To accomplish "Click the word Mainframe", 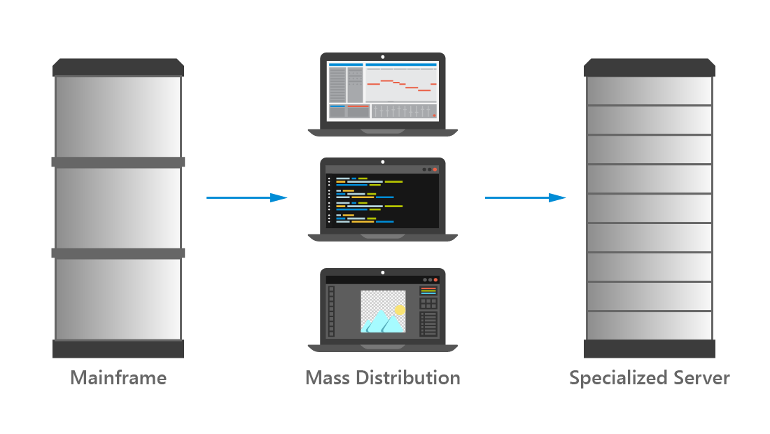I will tap(118, 379).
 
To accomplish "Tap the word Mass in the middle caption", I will tap(328, 379).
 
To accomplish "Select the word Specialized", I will tap(618, 379).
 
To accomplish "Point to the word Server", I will tap(701, 379).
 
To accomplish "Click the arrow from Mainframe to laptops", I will tap(246, 198).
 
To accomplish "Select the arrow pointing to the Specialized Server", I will tap(525, 198).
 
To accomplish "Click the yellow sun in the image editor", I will tap(400, 309).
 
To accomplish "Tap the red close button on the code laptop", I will tap(435, 169).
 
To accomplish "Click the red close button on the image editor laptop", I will tap(435, 279).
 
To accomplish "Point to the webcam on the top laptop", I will tap(383, 57).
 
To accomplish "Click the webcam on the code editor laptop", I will tap(383, 162).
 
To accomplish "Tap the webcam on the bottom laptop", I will tap(383, 272).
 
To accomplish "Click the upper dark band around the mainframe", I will tap(118, 162).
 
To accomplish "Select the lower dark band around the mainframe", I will tap(118, 253).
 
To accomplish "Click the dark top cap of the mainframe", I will tap(118, 68).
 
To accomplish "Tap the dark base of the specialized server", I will tap(650, 349).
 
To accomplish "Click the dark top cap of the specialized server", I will tap(650, 68).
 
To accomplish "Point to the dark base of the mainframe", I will tap(118, 349).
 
